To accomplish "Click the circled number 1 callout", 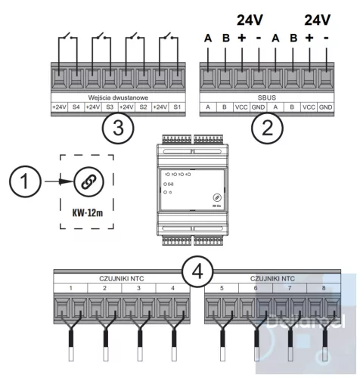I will coord(25,183).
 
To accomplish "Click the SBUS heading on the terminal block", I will coord(268,98).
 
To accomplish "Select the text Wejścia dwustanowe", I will coord(115,98).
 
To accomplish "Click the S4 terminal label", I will coord(76,107).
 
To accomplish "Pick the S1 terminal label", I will coord(175,107).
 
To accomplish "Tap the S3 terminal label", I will coord(109,107).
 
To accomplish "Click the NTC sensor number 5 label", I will coord(220,288).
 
